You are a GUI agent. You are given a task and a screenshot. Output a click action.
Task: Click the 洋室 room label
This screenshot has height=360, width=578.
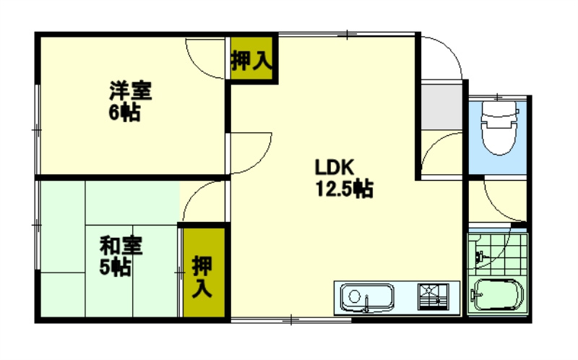tap(130, 92)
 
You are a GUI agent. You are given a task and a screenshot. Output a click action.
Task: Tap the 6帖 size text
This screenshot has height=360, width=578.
tap(124, 113)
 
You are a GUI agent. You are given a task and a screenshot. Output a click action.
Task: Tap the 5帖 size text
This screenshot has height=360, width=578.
tap(115, 267)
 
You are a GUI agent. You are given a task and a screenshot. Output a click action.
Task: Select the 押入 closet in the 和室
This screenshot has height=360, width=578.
tap(202, 277)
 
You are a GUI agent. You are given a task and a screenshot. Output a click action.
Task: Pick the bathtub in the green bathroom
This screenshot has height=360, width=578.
tap(498, 296)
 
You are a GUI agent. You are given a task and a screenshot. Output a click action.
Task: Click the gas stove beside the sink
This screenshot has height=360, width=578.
tap(433, 296)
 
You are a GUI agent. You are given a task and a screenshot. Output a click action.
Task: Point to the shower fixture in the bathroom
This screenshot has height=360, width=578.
tap(480, 254)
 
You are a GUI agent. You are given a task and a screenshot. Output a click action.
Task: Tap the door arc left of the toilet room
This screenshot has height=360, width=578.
tap(441, 153)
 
